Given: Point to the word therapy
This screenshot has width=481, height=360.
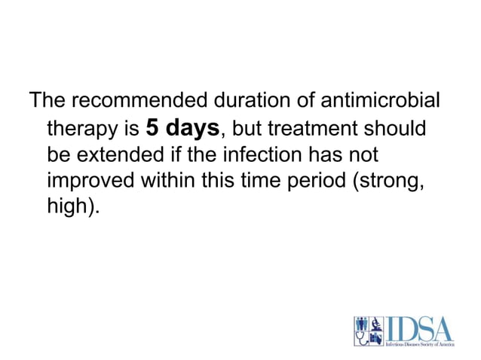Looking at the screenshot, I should click(82, 130).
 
